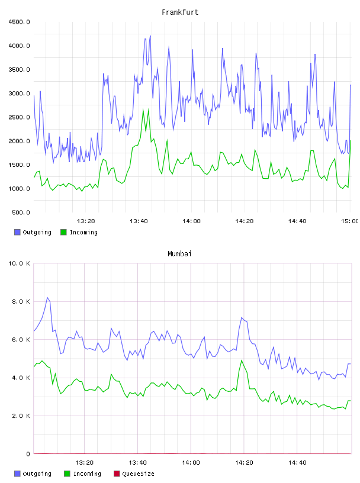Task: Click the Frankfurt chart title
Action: [x=180, y=12]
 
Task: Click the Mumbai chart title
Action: [x=179, y=254]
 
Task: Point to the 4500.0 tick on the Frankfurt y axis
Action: [x=19, y=22]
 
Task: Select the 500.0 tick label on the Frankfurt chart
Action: [x=21, y=212]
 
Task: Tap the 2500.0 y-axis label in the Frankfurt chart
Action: [x=19, y=117]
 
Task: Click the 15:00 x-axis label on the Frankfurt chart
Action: [x=350, y=221]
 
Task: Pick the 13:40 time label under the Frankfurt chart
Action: [x=139, y=221]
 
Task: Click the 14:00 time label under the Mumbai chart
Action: [x=191, y=463]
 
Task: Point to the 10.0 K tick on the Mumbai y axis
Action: [x=19, y=263]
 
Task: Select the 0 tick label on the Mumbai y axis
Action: [x=28, y=454]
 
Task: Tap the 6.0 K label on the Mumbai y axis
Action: [x=21, y=340]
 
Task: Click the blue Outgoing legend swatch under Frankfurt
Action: [x=17, y=232]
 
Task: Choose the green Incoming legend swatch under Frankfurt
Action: [x=63, y=232]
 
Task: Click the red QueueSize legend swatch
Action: [x=117, y=474]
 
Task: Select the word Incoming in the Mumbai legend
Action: [x=87, y=474]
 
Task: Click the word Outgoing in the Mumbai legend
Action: [x=37, y=474]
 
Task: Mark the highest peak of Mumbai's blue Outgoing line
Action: [x=47, y=297]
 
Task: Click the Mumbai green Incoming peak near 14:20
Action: [x=242, y=360]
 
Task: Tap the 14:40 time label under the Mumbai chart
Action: [x=297, y=463]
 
